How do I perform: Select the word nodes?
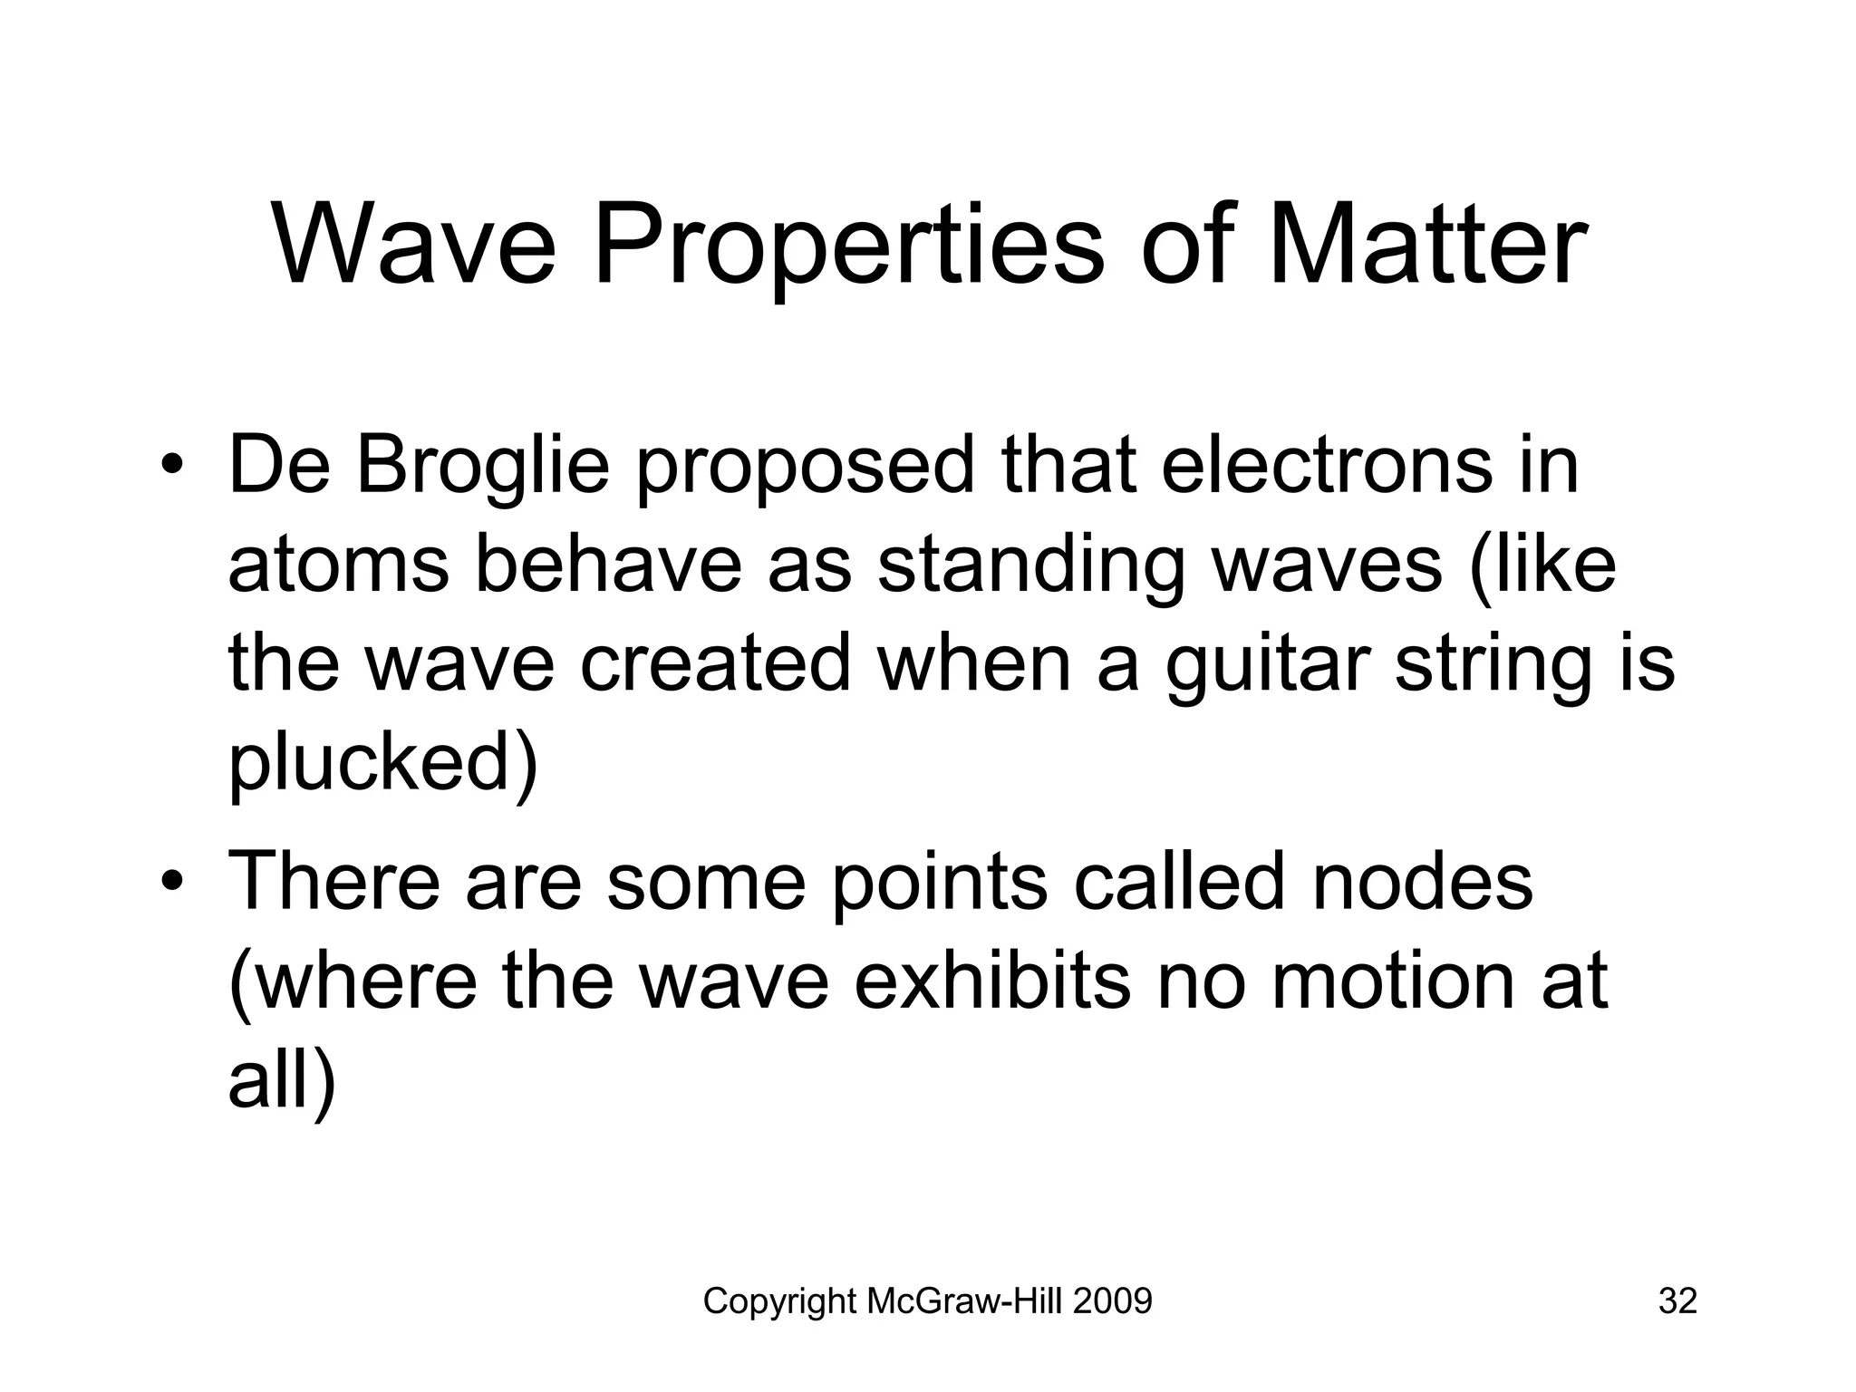[1422, 883]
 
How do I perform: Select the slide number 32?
[1677, 1301]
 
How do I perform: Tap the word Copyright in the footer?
[780, 1301]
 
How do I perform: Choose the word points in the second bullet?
[939, 883]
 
